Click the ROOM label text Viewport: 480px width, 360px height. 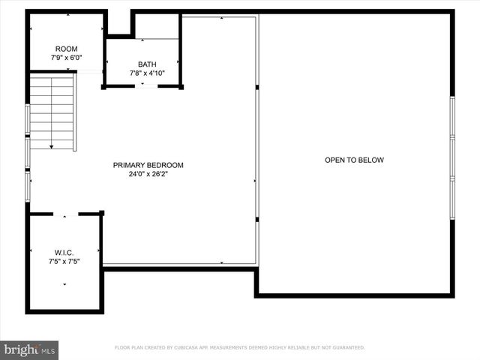tap(66, 49)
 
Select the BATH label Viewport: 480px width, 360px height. tap(147, 64)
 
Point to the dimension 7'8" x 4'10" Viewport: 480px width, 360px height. tap(147, 73)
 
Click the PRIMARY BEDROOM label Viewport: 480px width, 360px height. tap(148, 165)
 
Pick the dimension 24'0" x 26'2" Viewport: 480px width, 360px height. tap(148, 175)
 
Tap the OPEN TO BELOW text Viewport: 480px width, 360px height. tap(354, 160)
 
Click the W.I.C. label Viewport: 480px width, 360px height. tap(64, 252)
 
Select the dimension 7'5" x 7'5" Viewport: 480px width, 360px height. tap(64, 262)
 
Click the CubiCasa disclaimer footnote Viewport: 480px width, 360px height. tap(239, 347)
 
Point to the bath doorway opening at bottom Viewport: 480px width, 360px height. tap(146, 87)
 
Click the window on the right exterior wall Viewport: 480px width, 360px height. tap(452, 157)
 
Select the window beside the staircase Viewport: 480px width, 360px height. tap(28, 120)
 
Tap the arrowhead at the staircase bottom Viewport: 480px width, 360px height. tap(52, 147)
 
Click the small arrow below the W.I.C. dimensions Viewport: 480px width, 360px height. tap(64, 284)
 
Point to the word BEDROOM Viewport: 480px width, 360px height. tap(165, 165)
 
